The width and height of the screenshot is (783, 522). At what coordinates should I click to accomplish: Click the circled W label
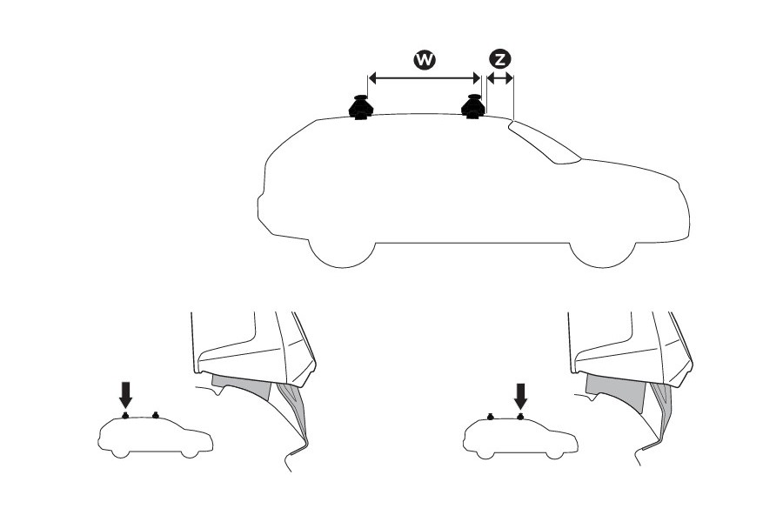pos(425,59)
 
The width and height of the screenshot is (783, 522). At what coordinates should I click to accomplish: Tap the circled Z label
pos(500,59)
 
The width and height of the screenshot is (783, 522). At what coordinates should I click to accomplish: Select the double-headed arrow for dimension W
pos(425,78)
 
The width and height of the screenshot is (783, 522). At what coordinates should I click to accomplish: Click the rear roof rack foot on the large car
pos(360,107)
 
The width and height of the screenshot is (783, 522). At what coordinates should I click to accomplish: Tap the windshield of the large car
pos(544,142)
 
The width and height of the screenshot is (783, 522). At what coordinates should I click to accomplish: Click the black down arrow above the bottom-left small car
pos(126,396)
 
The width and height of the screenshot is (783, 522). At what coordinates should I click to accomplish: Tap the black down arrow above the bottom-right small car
pos(520,396)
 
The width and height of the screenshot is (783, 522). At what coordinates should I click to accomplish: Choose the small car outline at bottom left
pos(155,438)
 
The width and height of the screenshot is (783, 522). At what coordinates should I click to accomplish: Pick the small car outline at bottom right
pos(519,438)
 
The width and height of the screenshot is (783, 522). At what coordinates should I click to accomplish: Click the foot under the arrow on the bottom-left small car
pos(126,415)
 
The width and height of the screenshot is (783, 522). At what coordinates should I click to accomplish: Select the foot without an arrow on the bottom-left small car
pos(155,414)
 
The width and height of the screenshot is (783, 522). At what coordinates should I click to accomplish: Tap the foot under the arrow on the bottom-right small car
pos(520,415)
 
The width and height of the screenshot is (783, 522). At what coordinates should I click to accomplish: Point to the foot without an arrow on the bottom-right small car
pos(492,415)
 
